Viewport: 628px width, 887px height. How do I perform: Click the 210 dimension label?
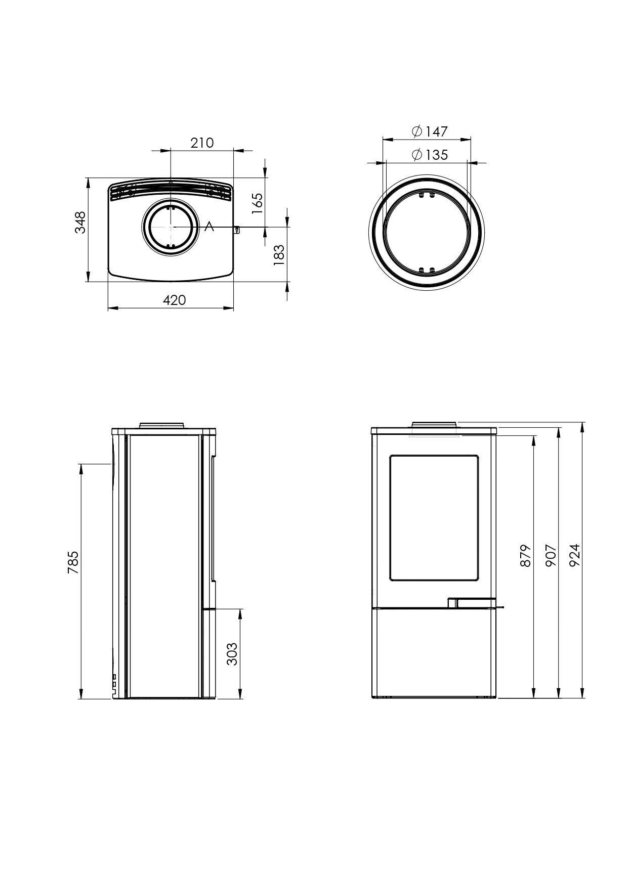coord(202,143)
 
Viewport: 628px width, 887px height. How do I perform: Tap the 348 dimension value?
coord(80,223)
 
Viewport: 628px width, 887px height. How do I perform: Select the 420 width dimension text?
coord(175,300)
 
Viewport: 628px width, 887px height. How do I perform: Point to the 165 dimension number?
coord(257,203)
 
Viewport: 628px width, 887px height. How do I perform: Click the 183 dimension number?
coord(279,255)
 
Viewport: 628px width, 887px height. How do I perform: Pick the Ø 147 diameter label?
coord(430,131)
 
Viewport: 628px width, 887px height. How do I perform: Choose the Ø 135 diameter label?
coord(430,155)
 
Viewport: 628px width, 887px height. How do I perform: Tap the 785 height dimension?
coord(73,562)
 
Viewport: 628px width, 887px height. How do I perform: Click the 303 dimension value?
coord(232,654)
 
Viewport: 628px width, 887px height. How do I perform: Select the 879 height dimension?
coord(526,555)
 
